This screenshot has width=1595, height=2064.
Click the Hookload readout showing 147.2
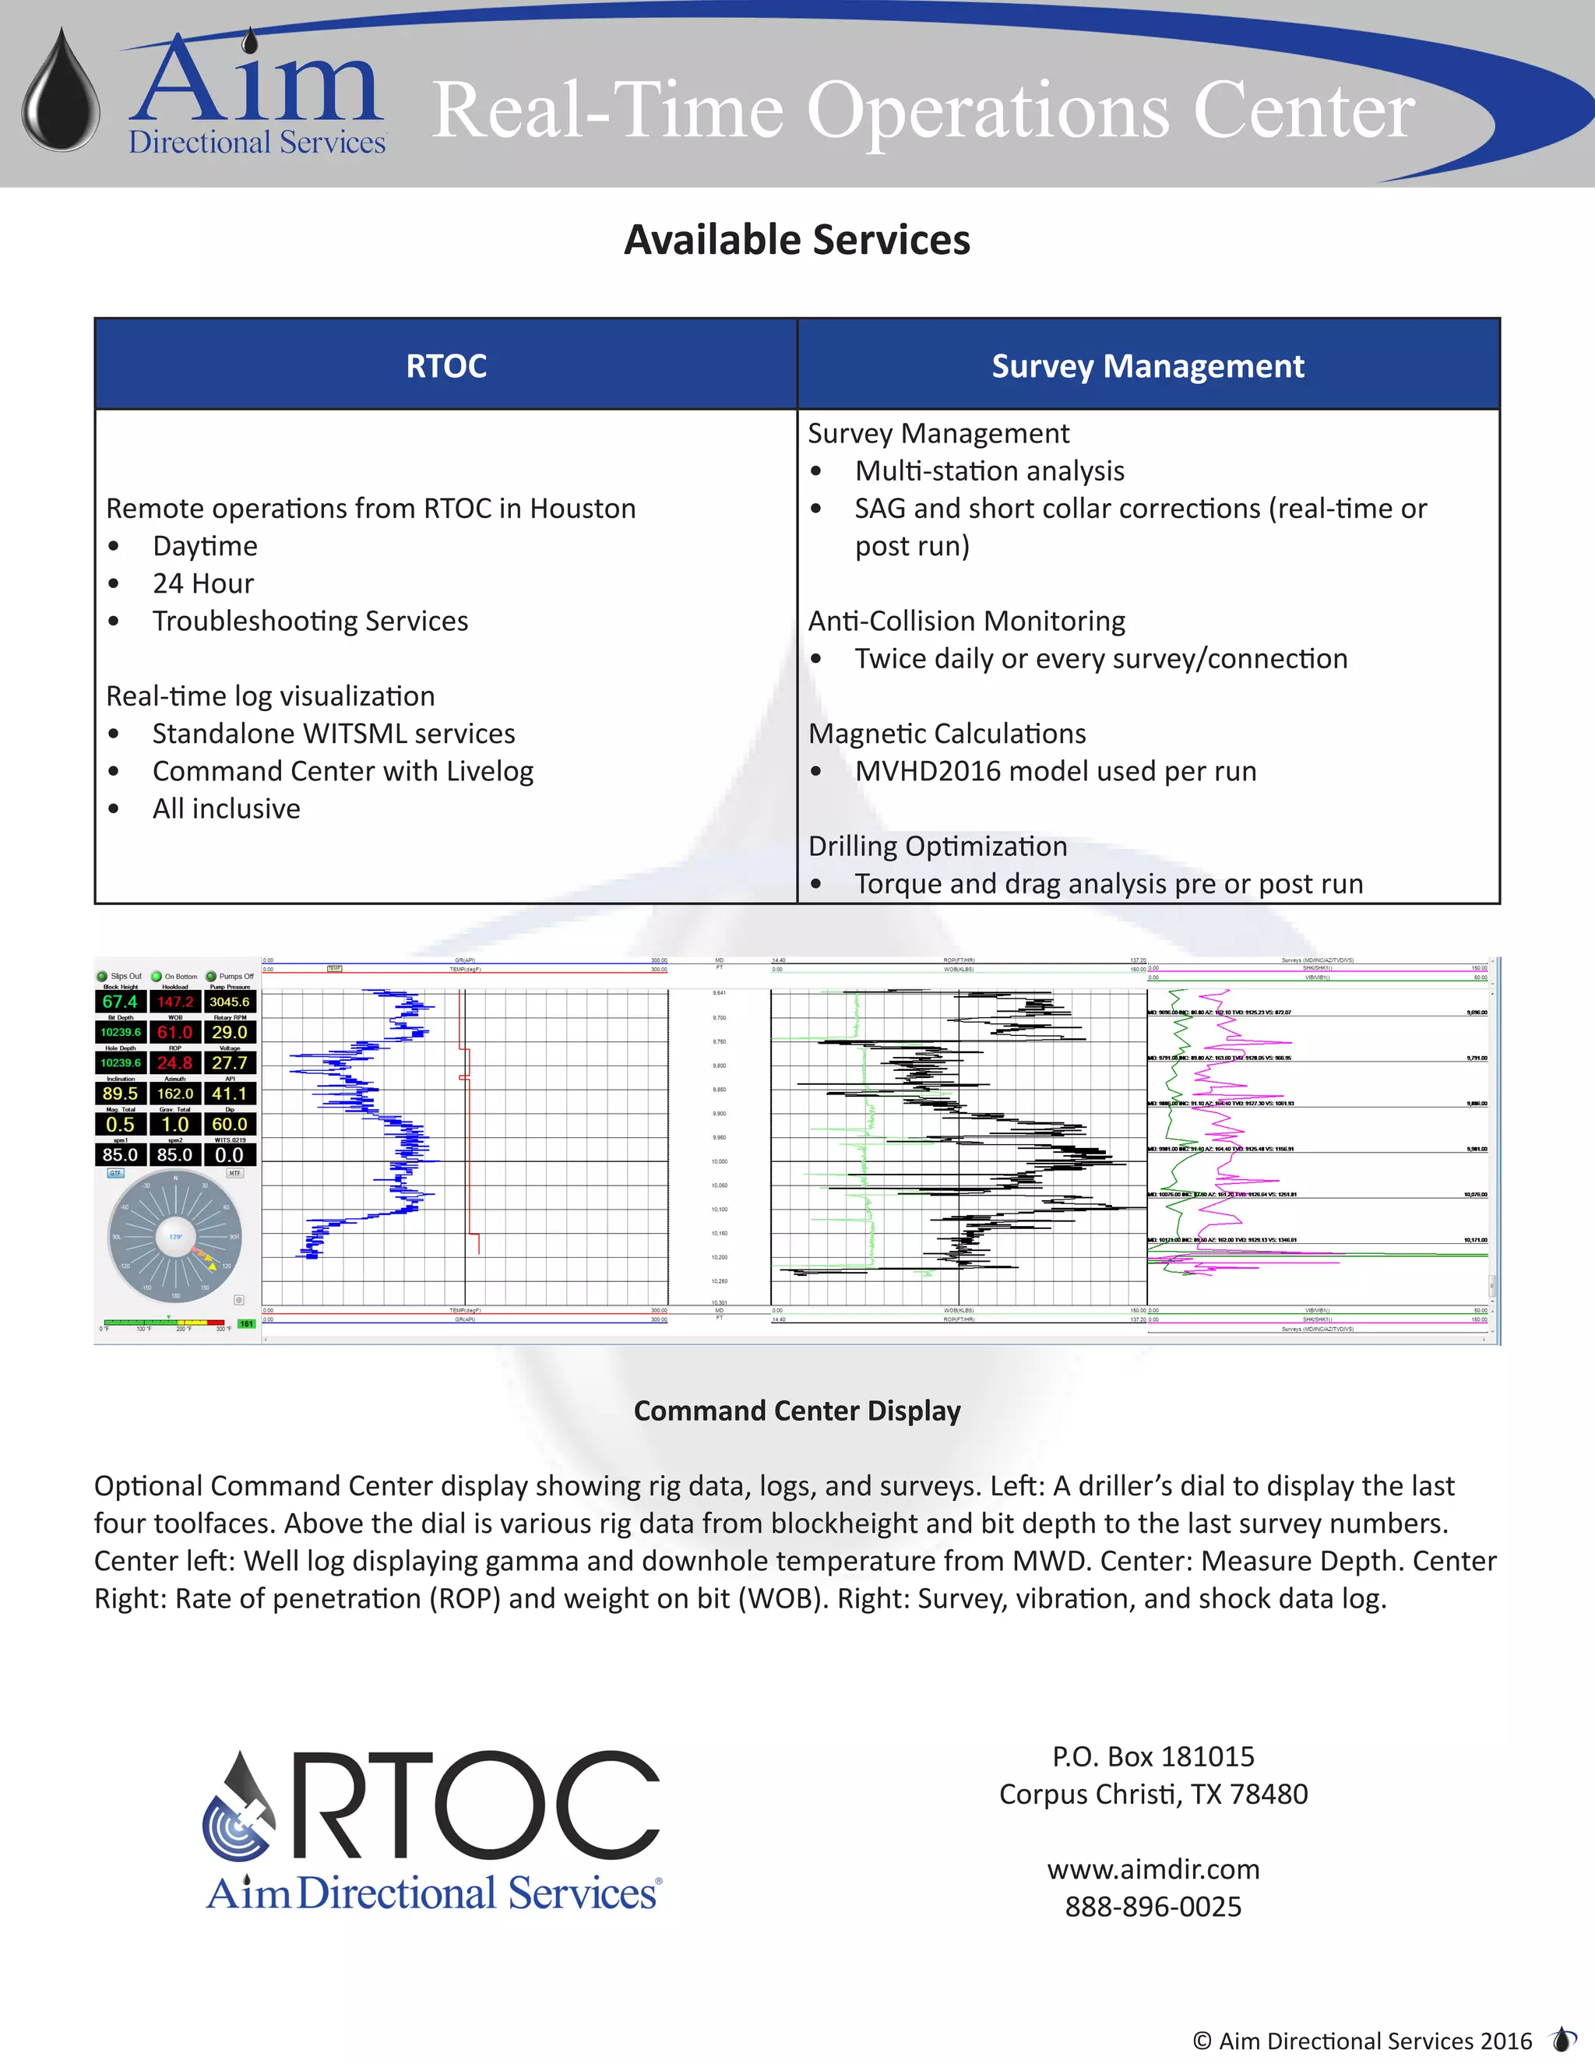[x=174, y=1002]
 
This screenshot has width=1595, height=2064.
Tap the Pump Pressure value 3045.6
[x=230, y=1002]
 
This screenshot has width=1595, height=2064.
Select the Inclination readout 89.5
[x=120, y=1094]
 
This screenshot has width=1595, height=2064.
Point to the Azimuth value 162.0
[x=174, y=1094]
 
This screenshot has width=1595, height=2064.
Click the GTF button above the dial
[x=115, y=1173]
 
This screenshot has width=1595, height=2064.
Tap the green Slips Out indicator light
[x=102, y=976]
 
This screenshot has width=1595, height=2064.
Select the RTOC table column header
[x=446, y=366]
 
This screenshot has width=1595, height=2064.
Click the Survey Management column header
[x=1147, y=366]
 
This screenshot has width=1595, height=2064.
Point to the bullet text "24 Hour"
[x=203, y=583]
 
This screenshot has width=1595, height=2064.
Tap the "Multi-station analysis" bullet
[x=989, y=470]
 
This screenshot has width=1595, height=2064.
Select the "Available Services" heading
[x=797, y=240]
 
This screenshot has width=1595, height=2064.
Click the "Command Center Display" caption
[x=797, y=1410]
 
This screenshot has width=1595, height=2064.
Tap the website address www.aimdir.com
[x=1153, y=1869]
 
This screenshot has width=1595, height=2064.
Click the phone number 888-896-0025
[x=1153, y=1906]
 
